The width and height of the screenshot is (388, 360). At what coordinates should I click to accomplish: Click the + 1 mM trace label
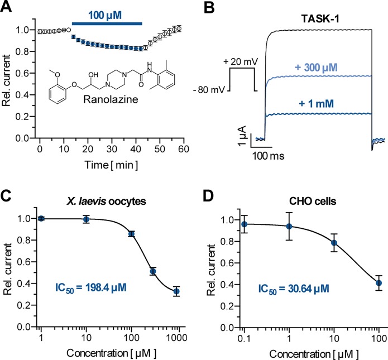320,102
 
